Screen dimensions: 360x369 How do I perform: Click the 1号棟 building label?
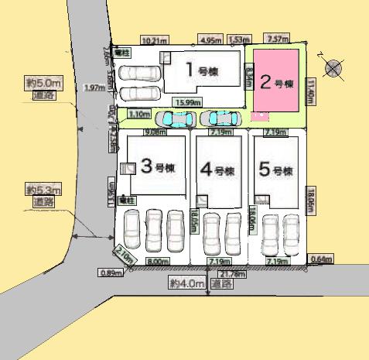201,70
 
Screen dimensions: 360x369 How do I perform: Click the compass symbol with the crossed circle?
333,68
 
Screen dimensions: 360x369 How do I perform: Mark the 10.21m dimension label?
154,39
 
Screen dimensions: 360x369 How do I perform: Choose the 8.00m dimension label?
157,262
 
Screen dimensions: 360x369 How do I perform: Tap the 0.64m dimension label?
319,259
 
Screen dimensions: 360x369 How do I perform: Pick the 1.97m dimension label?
94,88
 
